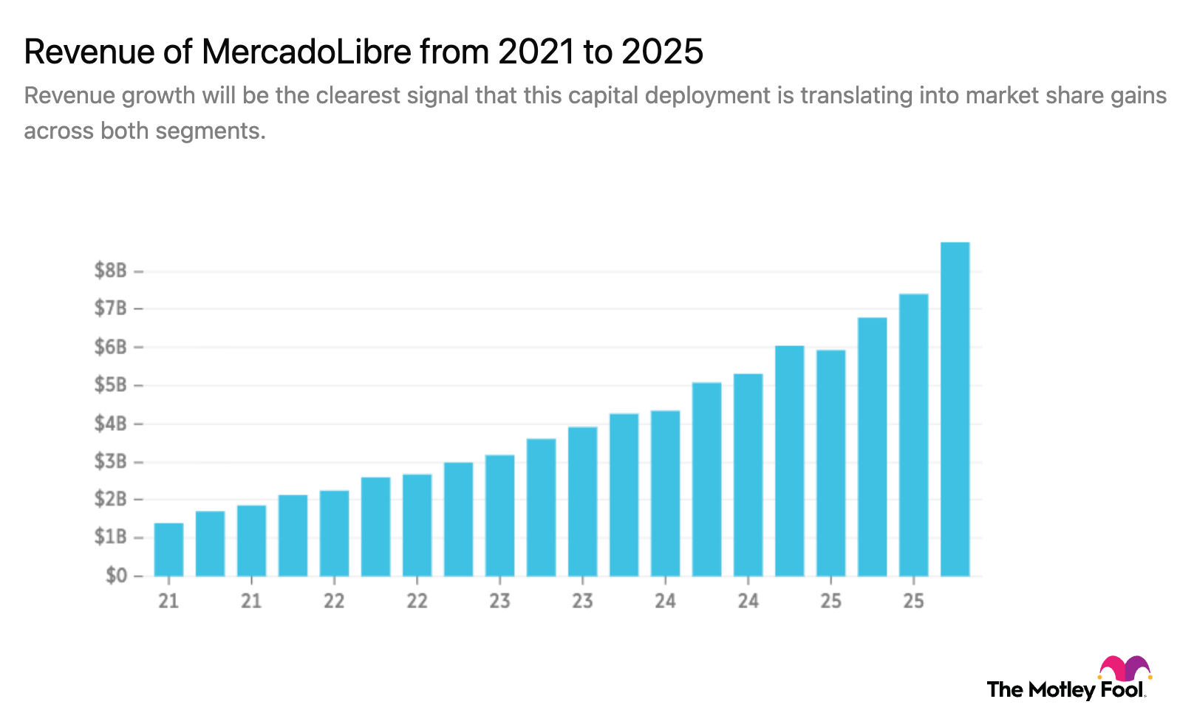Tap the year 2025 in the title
pyautogui.click(x=662, y=52)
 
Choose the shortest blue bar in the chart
pyautogui.click(x=168, y=549)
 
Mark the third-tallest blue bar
pyautogui.click(x=872, y=446)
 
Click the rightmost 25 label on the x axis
pyautogui.click(x=913, y=601)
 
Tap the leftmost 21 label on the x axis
pyautogui.click(x=168, y=601)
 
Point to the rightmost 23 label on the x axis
pyautogui.click(x=582, y=601)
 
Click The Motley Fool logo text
pyautogui.click(x=1064, y=690)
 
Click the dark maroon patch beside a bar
pyautogui.click(x=852, y=366)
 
